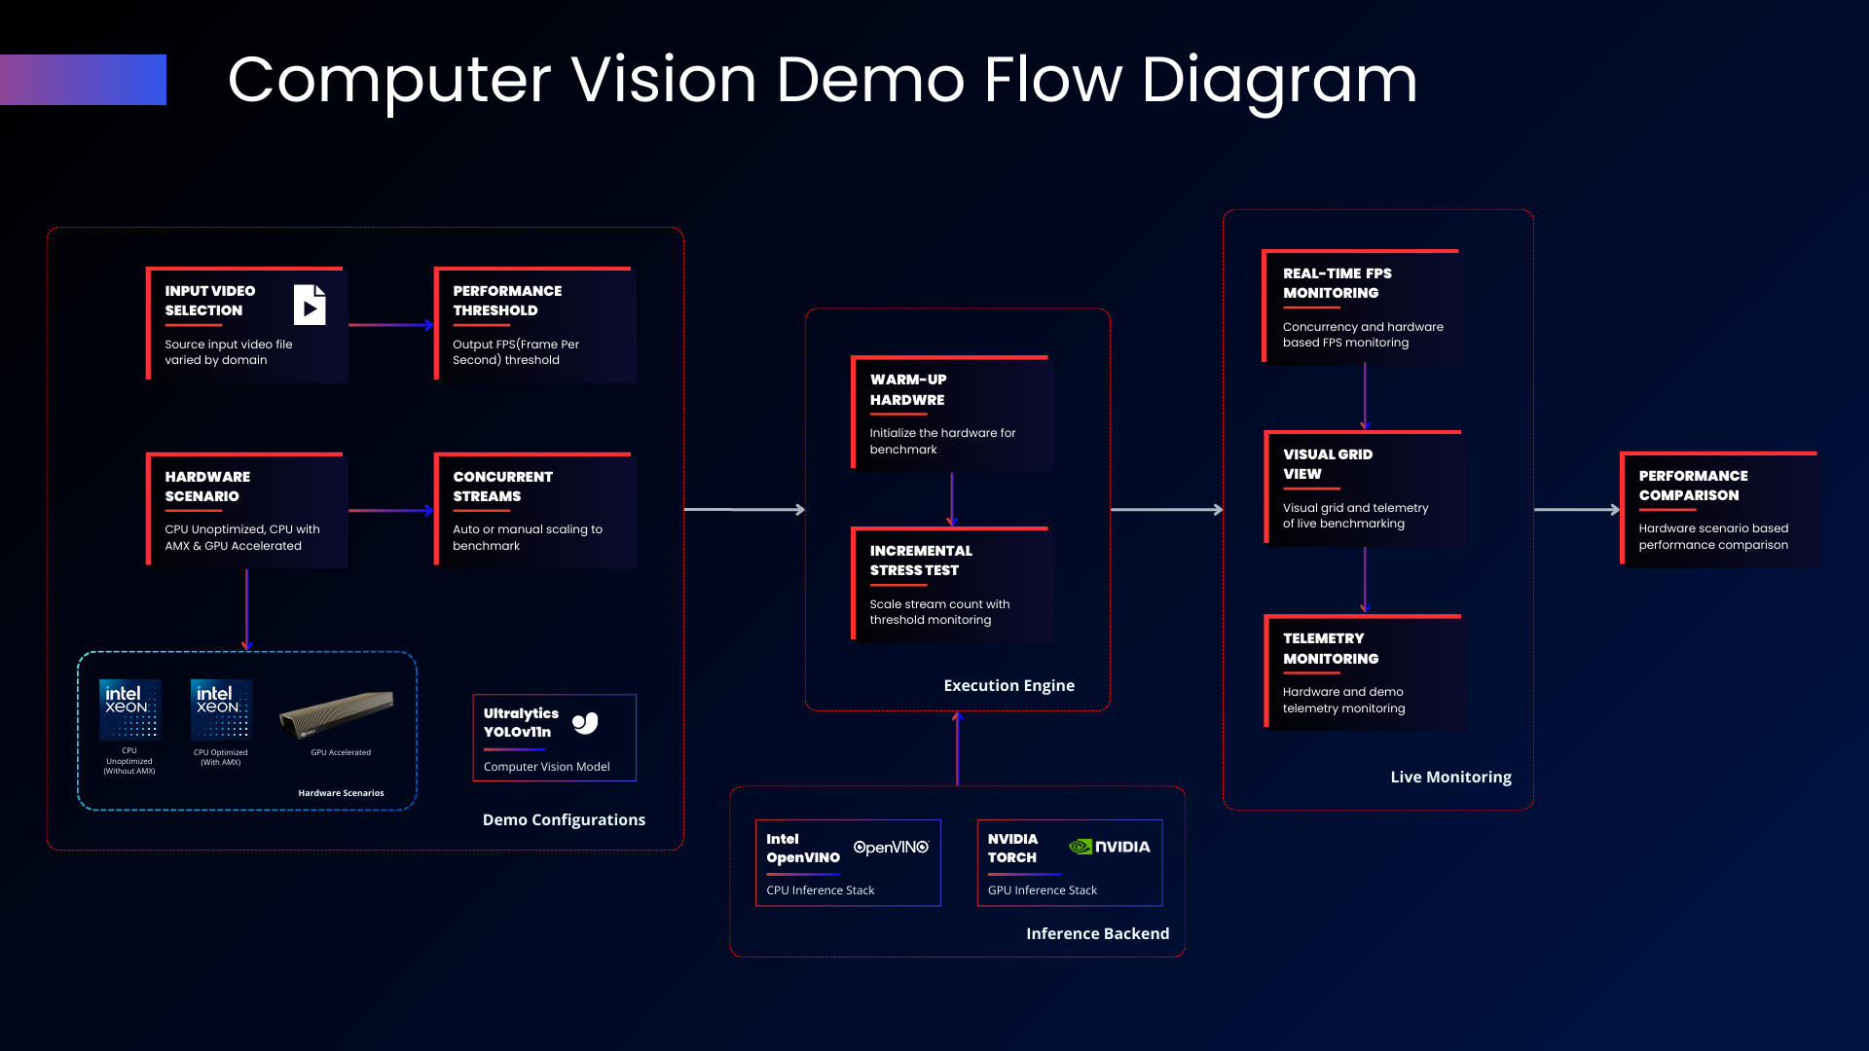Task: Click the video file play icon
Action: click(x=310, y=306)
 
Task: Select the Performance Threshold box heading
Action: click(x=507, y=301)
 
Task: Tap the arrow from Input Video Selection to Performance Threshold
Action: click(x=390, y=325)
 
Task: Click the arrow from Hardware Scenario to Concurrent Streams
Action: click(x=390, y=510)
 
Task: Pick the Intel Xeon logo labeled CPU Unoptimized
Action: click(x=129, y=709)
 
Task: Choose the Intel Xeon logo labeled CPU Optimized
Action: click(x=221, y=709)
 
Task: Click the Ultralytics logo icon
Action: click(x=585, y=723)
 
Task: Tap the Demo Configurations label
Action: click(x=564, y=820)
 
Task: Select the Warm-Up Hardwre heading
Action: click(x=908, y=389)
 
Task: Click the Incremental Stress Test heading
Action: click(x=921, y=561)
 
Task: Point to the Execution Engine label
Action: click(x=1008, y=686)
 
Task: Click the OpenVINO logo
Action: click(x=891, y=848)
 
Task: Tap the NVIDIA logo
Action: click(x=1110, y=847)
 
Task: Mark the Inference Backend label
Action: click(x=1097, y=934)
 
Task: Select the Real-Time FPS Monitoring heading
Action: click(x=1337, y=283)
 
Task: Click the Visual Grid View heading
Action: click(x=1327, y=464)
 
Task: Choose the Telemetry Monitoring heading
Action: click(x=1330, y=648)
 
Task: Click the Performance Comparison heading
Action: click(x=1693, y=486)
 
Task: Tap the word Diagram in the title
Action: click(x=1279, y=80)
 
